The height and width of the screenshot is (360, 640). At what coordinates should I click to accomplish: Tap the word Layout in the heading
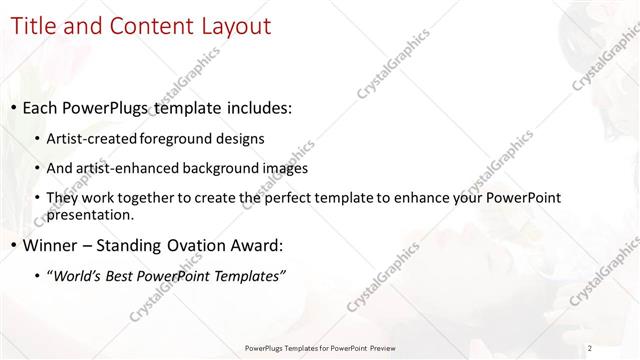234,26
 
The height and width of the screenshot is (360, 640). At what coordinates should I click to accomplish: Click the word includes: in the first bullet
256,108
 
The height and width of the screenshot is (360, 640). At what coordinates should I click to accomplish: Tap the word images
286,169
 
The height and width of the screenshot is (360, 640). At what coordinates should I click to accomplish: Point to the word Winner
51,245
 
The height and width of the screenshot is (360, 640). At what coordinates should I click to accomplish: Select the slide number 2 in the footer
590,348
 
